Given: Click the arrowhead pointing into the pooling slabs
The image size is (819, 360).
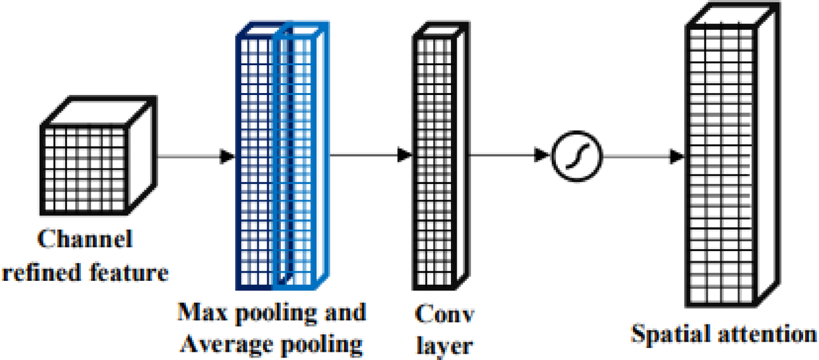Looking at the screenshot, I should click(x=227, y=155).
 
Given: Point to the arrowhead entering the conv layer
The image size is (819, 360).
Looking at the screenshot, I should click(x=405, y=154).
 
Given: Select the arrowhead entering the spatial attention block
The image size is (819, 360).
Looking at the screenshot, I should click(x=677, y=155).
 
